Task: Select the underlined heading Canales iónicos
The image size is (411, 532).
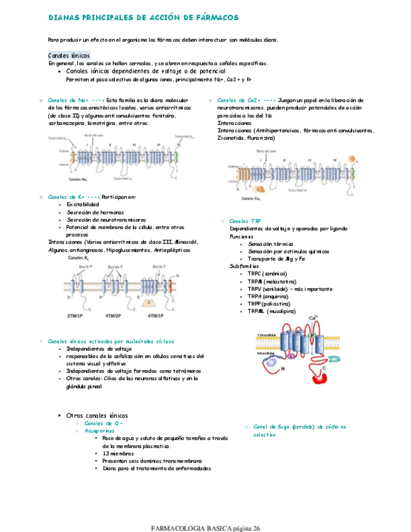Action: [x=69, y=55]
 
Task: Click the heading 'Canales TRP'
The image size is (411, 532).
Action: [x=245, y=221]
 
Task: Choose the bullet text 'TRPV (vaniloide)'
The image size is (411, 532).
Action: [x=265, y=289]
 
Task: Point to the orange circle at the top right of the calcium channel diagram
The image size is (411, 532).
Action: [x=353, y=157]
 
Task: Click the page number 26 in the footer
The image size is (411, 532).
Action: [x=256, y=526]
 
